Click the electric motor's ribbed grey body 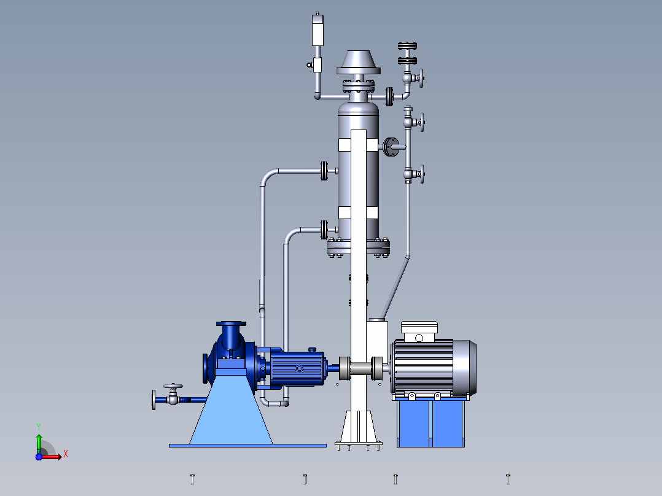(x=423, y=367)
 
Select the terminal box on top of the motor (x=419, y=331)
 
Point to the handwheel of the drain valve (x=173, y=386)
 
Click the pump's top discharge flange (x=231, y=324)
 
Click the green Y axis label (x=39, y=427)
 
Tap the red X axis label (x=66, y=454)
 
